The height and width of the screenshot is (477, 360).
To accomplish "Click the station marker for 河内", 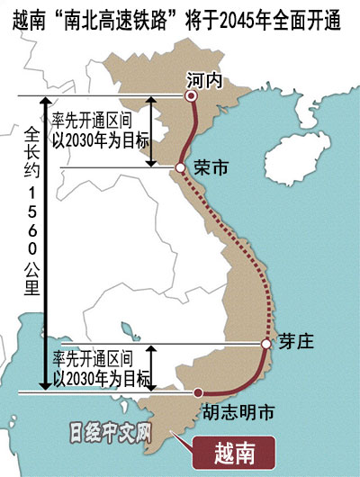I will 190,94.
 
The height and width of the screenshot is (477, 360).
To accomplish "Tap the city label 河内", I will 202,77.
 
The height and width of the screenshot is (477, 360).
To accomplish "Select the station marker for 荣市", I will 180,167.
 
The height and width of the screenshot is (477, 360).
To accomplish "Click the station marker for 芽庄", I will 265,344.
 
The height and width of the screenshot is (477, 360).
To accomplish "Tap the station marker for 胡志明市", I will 196,392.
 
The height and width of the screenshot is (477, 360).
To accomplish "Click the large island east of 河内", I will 310,130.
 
